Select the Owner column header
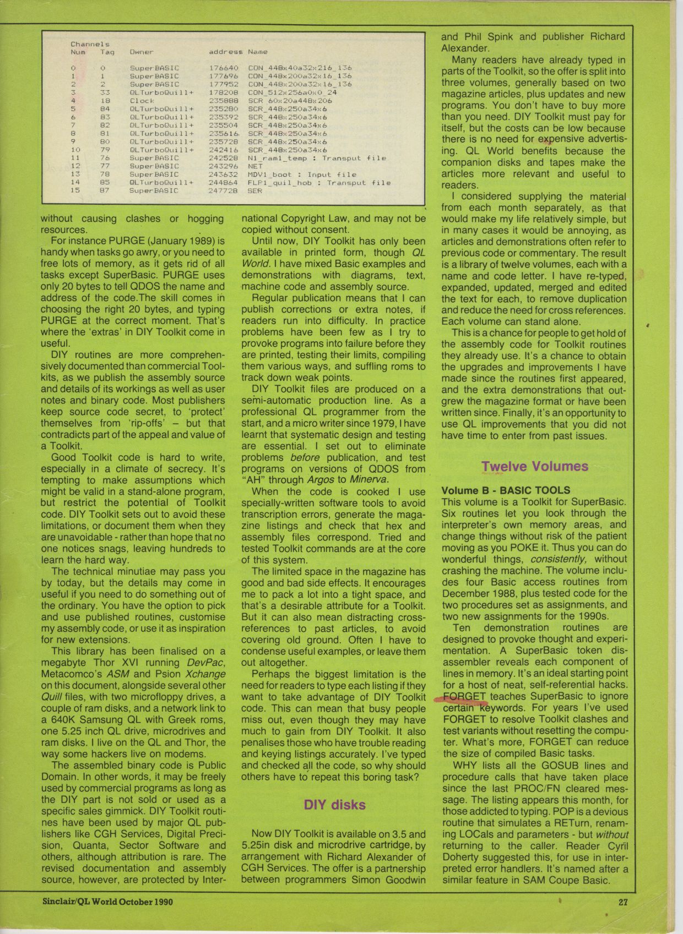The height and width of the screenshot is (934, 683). (x=142, y=52)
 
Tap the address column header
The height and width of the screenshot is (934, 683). (x=225, y=52)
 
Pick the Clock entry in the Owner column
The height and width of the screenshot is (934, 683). (x=142, y=101)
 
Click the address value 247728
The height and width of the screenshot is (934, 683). (x=223, y=190)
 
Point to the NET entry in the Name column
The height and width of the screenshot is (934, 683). (x=256, y=166)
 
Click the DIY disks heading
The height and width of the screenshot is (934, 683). (x=334, y=805)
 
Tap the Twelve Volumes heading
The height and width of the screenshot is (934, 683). (x=534, y=466)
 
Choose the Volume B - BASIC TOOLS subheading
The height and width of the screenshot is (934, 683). (x=506, y=490)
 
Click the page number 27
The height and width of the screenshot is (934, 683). (x=623, y=902)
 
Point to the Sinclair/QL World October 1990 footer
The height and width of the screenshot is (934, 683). (x=108, y=902)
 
